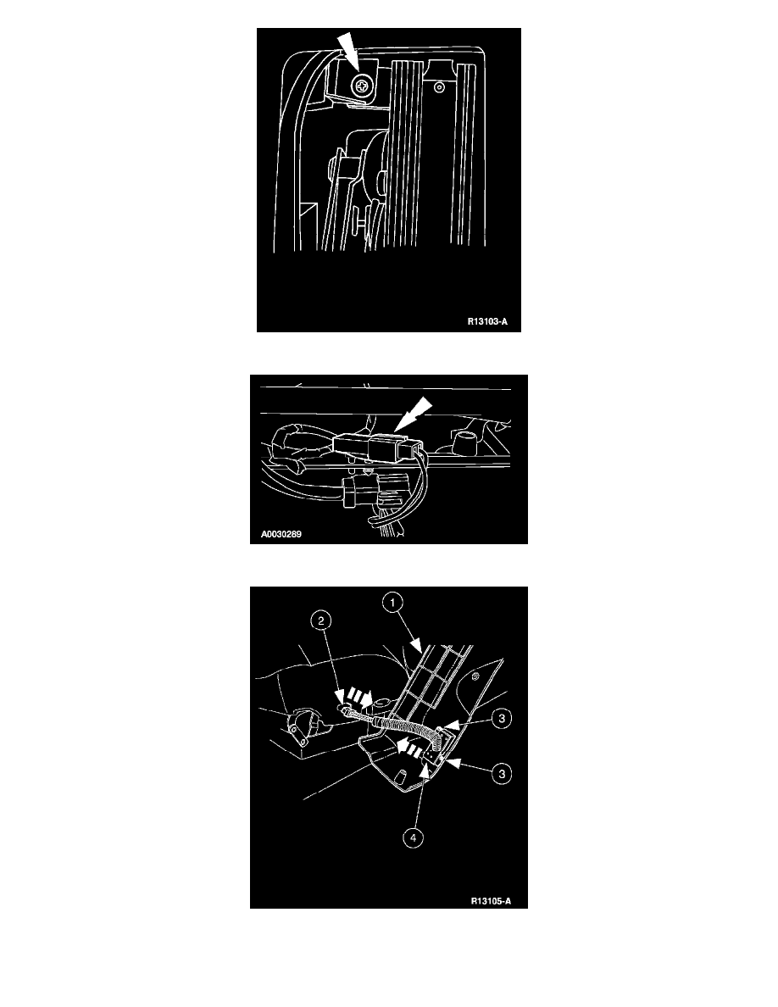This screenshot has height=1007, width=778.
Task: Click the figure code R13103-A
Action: click(x=486, y=322)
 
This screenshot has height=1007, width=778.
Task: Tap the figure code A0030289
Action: click(x=281, y=534)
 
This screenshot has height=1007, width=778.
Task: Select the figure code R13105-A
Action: click(x=491, y=901)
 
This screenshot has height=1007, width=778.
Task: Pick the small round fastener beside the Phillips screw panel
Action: click(x=439, y=86)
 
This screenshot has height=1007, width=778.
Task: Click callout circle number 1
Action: click(x=392, y=603)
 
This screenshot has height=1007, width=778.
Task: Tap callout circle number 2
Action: click(x=321, y=620)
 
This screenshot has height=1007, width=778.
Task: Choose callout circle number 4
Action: click(x=413, y=837)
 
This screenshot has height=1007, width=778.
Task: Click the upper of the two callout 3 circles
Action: click(x=502, y=718)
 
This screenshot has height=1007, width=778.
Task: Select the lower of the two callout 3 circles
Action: click(x=502, y=774)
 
